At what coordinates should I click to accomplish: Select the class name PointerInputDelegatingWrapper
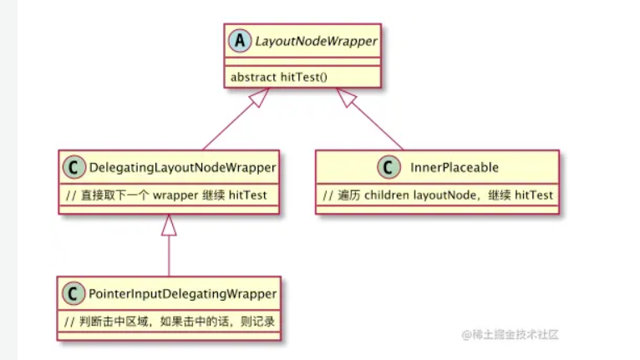coord(183,293)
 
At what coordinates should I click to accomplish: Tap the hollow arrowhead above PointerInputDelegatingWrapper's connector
coord(169,225)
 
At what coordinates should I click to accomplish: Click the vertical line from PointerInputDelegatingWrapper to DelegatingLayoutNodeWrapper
coord(169,256)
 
